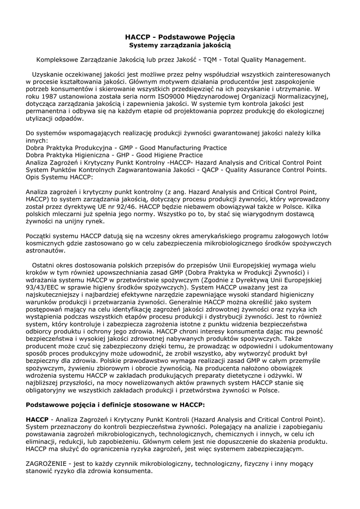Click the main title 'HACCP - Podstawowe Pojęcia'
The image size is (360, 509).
coord(180,37)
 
